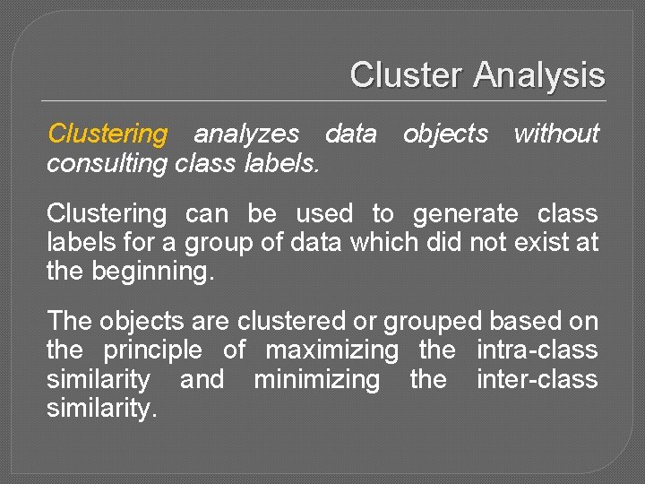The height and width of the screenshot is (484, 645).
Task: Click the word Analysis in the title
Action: (x=539, y=75)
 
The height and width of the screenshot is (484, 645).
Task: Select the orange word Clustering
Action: (x=107, y=134)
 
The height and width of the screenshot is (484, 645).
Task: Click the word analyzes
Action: (x=247, y=134)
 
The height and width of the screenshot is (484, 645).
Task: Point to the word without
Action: (x=555, y=134)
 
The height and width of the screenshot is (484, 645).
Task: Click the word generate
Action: (x=465, y=215)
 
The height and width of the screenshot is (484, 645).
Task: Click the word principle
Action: (x=153, y=350)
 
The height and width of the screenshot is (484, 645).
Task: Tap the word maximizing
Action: (x=332, y=350)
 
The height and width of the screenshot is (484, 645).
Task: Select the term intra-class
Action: (x=537, y=350)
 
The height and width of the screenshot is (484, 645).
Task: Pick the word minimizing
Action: (x=317, y=380)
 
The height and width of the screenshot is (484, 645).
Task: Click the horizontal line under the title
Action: (x=322, y=99)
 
